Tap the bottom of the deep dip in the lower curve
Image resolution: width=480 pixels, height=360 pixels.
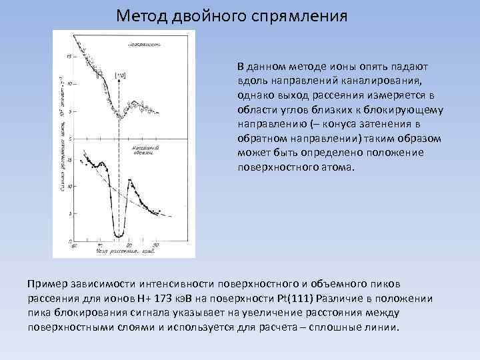point(119,235)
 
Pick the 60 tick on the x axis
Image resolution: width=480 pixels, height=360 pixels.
point(75,246)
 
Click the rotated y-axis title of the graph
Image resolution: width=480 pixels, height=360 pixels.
point(62,140)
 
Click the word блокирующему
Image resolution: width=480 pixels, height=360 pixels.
point(407,110)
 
